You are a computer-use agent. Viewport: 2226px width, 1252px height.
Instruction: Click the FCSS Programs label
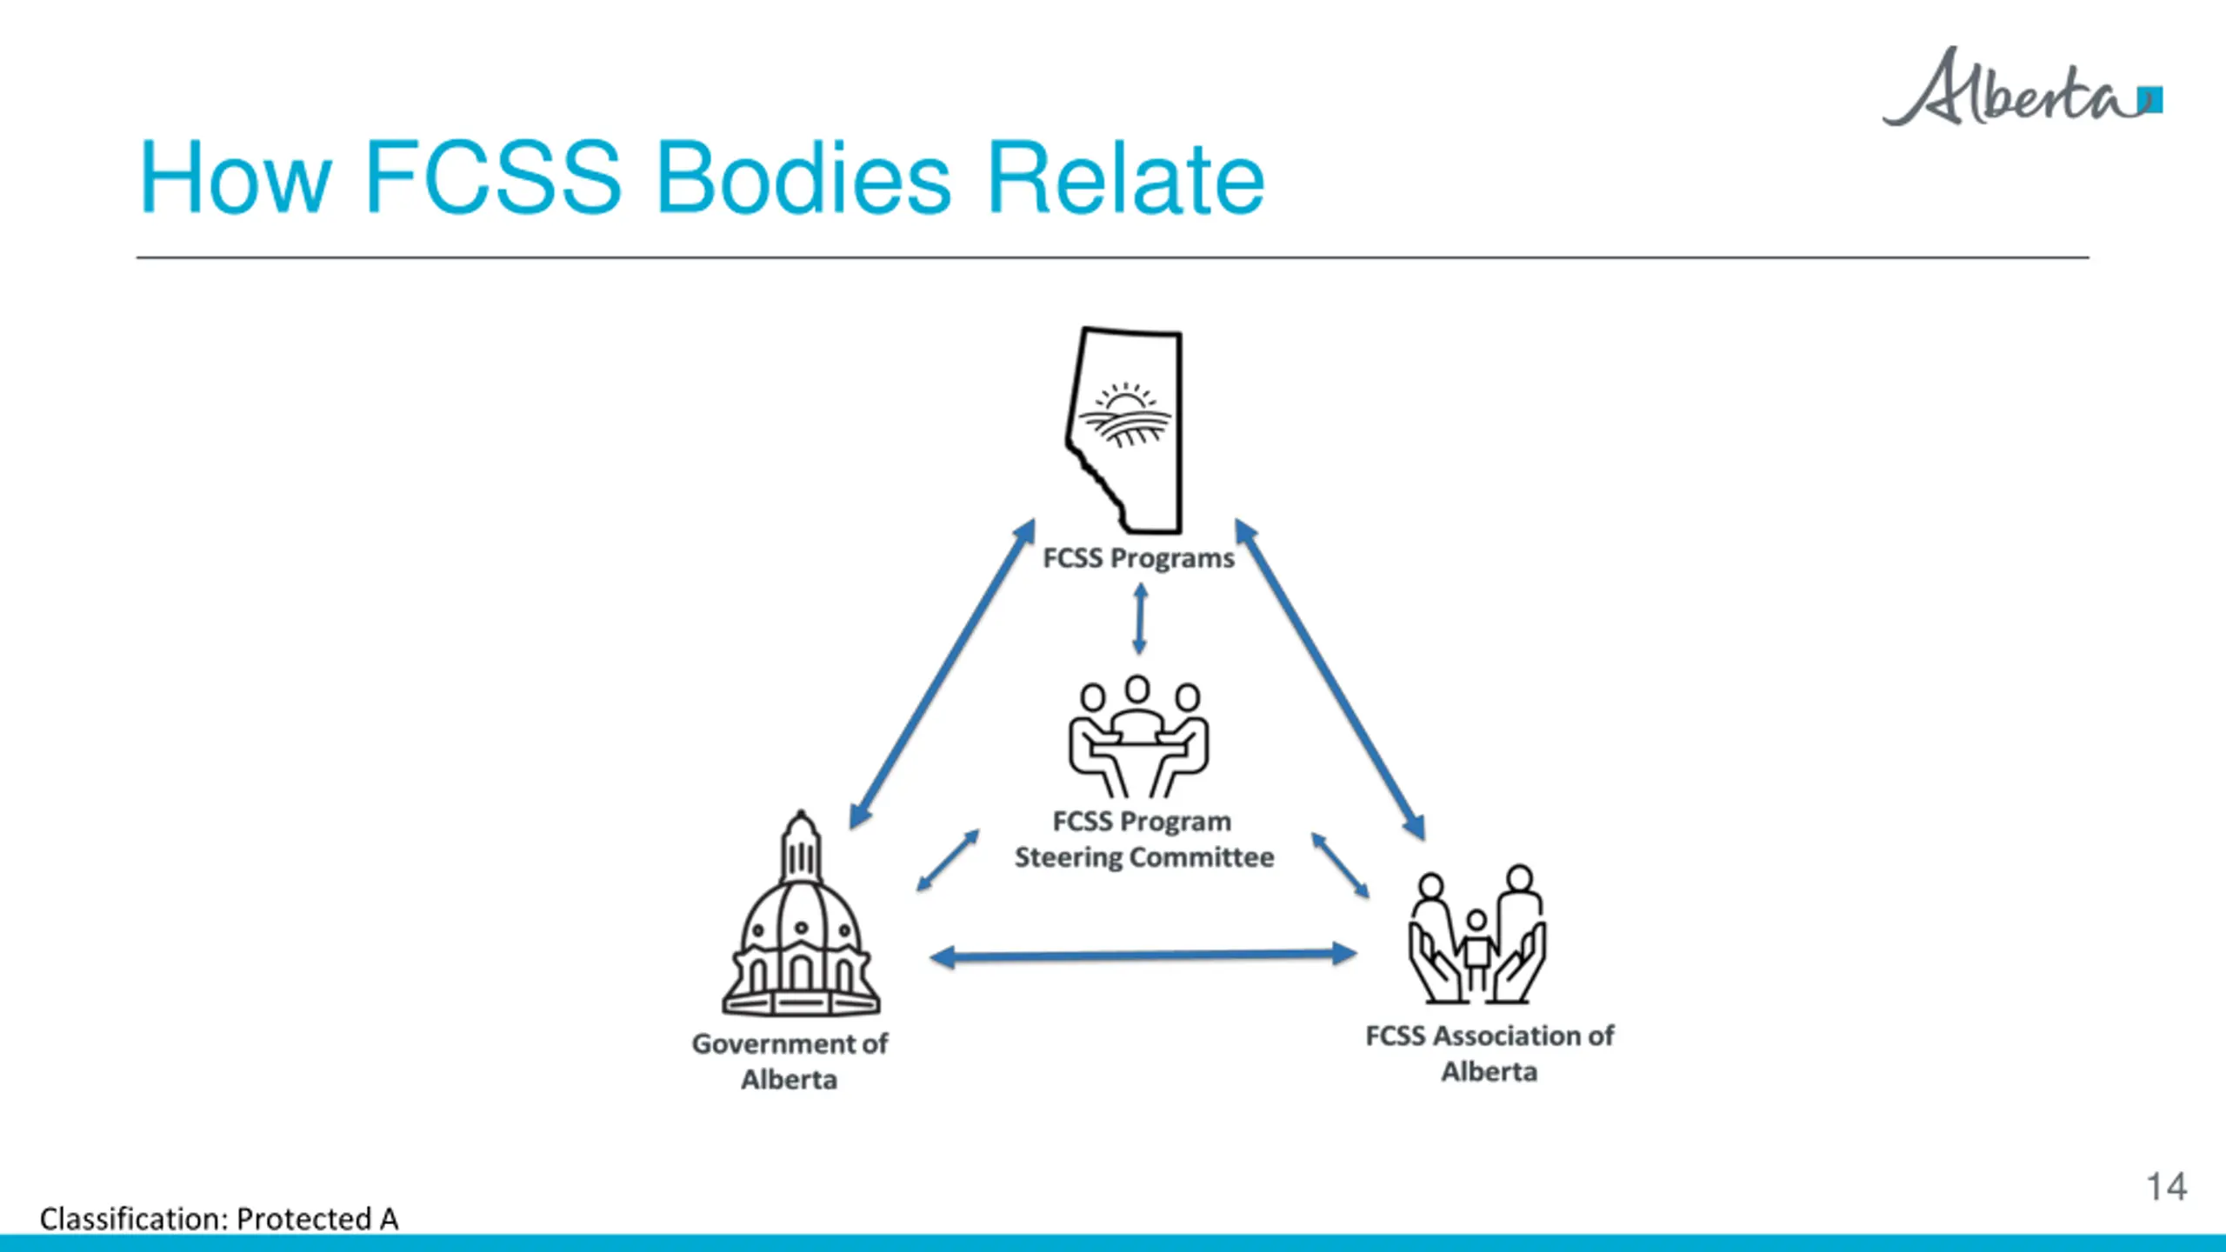pos(1138,558)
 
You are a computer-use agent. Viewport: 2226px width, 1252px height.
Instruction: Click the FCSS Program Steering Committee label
pos(1143,839)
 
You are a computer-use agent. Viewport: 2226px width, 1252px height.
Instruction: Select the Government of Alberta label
pos(790,1061)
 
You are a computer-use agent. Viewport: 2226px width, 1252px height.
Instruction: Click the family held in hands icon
pos(1477,935)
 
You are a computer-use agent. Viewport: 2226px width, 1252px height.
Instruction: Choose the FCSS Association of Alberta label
pos(1490,1053)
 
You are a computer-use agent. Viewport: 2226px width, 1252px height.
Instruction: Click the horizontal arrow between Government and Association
pos(1143,956)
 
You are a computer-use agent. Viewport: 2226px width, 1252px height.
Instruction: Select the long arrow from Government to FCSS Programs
pos(942,674)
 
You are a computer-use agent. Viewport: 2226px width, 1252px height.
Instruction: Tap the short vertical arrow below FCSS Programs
pos(1140,619)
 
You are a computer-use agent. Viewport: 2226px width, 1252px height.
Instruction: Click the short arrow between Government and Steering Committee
pos(948,861)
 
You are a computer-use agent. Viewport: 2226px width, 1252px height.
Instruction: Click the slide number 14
pos(2166,1187)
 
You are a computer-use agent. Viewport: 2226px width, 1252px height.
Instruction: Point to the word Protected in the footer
pos(303,1219)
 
